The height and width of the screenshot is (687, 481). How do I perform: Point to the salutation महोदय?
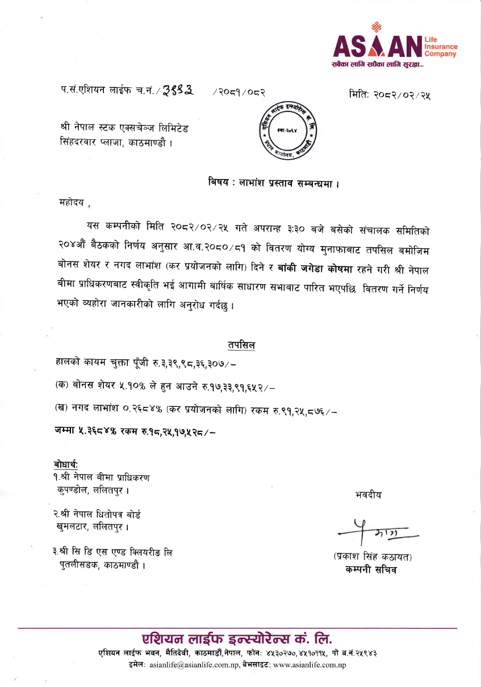[73, 202]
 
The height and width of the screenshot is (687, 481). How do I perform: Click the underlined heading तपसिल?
[241, 345]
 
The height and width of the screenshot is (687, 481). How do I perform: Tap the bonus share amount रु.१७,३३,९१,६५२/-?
[235, 389]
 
